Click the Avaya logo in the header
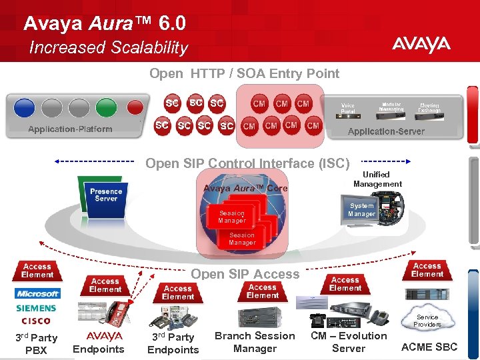click(421, 45)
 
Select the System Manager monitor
click(362, 210)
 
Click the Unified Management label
click(377, 179)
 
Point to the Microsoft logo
click(37, 294)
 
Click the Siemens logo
click(37, 309)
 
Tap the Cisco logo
click(36, 321)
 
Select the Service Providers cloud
click(427, 320)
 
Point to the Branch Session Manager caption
click(255, 342)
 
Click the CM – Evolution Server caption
click(349, 342)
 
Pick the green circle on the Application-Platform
click(106, 107)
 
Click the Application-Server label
click(386, 131)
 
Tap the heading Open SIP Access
click(245, 274)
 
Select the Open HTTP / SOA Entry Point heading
click(245, 73)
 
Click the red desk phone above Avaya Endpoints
click(119, 312)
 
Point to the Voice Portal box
click(348, 108)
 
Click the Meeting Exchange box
click(430, 107)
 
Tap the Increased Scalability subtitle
click(109, 47)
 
